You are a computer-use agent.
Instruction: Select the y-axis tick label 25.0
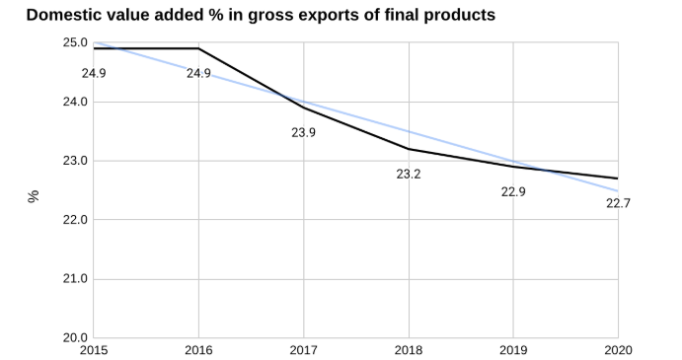(x=75, y=43)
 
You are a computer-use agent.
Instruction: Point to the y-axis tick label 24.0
(x=75, y=102)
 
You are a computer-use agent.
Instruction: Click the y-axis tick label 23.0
(x=75, y=161)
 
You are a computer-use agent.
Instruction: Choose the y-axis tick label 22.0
(x=75, y=220)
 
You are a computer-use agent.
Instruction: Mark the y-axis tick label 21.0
(x=75, y=279)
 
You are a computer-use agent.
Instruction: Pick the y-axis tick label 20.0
(x=75, y=337)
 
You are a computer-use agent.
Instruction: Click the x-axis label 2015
(x=94, y=350)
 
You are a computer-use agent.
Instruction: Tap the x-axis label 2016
(x=198, y=350)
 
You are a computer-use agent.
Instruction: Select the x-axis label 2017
(x=303, y=350)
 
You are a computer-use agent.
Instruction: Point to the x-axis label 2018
(x=409, y=350)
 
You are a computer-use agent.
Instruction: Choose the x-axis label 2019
(x=513, y=350)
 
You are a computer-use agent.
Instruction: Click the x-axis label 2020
(x=618, y=350)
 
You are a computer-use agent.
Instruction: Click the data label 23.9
(x=303, y=132)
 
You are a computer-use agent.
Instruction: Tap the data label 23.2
(x=409, y=174)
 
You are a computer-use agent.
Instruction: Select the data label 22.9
(x=513, y=191)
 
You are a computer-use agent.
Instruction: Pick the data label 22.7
(x=618, y=203)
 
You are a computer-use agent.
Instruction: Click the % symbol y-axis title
(x=34, y=195)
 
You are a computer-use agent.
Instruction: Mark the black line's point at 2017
(x=303, y=108)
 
